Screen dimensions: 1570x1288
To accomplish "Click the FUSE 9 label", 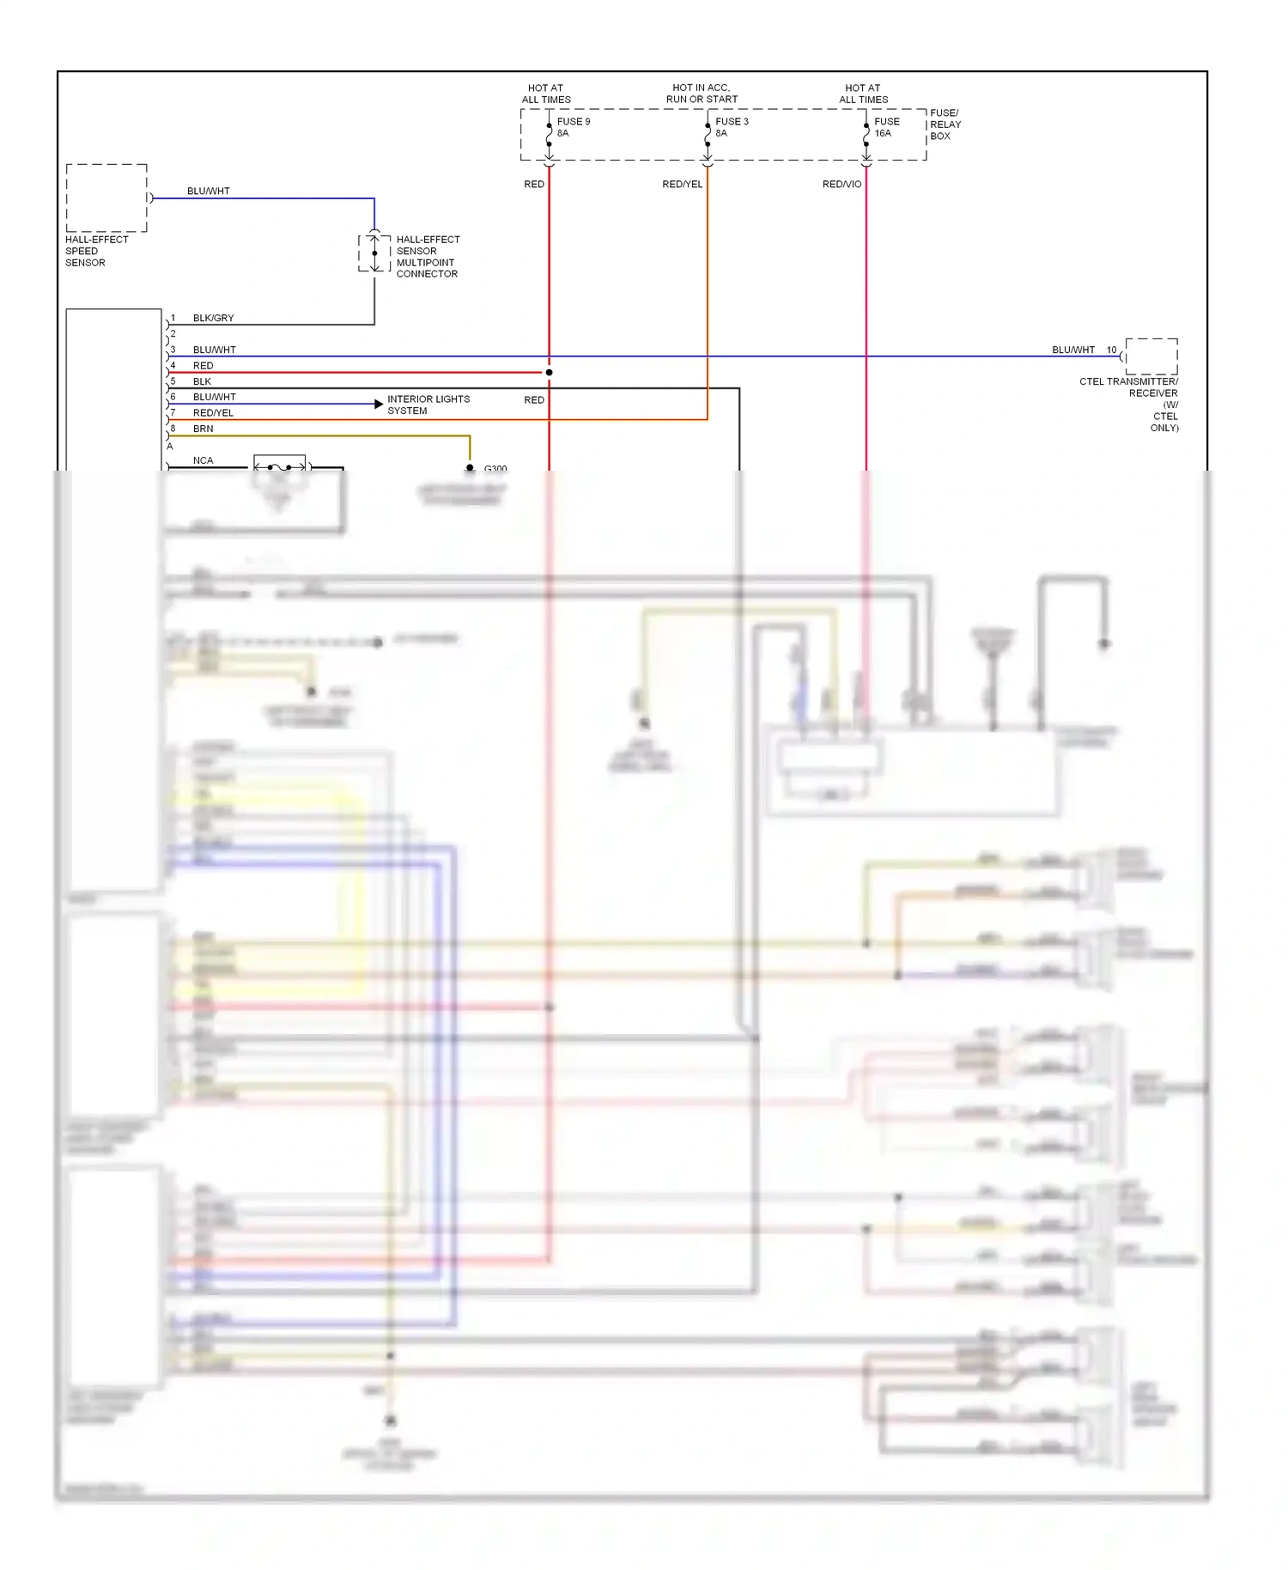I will [x=573, y=122].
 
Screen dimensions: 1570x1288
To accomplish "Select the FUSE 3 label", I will [x=732, y=122].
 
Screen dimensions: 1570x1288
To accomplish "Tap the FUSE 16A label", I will [x=886, y=127].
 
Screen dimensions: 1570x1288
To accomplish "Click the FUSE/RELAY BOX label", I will [x=945, y=125].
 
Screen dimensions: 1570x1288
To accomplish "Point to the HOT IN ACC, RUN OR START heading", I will [x=702, y=94].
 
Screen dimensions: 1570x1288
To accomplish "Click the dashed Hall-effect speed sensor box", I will [x=106, y=198].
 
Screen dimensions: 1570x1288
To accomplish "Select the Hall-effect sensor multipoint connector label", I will [x=427, y=257].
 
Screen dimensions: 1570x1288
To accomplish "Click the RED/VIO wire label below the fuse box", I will [x=841, y=185].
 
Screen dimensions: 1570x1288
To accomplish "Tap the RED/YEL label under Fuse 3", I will [x=682, y=185].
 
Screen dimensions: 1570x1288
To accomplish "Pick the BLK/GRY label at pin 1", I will [x=213, y=319].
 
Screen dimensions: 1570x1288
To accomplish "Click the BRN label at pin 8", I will [x=203, y=429].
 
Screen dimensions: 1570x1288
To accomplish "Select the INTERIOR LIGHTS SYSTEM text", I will [x=428, y=405].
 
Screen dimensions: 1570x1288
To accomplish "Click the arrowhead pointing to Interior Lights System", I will [x=379, y=404].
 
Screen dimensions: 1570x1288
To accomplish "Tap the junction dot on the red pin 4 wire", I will [x=550, y=373].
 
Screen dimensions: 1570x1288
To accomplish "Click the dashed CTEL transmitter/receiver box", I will [x=1151, y=356].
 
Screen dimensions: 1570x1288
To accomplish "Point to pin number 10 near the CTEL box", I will [x=1111, y=350].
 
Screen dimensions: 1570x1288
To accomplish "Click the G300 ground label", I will [x=495, y=469].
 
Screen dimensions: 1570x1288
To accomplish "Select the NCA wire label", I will [x=203, y=460].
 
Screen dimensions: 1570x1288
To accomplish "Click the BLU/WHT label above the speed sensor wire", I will [x=209, y=192].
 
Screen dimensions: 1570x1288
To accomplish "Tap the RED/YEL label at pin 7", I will [x=213, y=413].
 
